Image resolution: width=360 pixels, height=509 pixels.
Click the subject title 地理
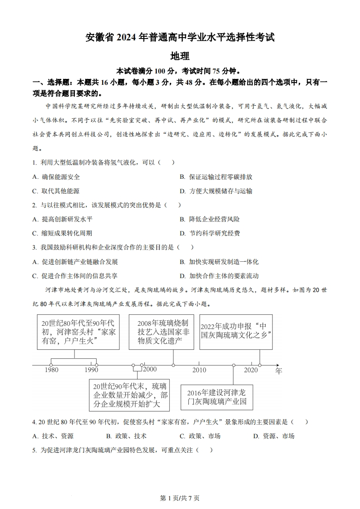pyautogui.click(x=180, y=56)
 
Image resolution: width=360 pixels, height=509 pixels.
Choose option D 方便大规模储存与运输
pyautogui.click(x=216, y=191)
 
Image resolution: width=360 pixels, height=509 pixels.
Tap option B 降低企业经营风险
pyautogui.click(x=209, y=219)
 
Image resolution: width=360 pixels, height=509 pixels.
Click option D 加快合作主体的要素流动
pyautogui.click(x=219, y=276)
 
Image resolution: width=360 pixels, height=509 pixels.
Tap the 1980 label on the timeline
pyautogui.click(x=52, y=370)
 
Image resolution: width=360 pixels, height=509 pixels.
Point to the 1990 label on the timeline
pyautogui.click(x=91, y=370)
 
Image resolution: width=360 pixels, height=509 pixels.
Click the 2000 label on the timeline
pyautogui.click(x=150, y=369)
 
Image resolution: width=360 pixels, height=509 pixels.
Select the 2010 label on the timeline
pyautogui.click(x=199, y=370)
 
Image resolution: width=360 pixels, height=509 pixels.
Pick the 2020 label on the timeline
pyautogui.click(x=250, y=370)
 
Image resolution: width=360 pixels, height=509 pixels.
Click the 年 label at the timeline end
pyautogui.click(x=278, y=371)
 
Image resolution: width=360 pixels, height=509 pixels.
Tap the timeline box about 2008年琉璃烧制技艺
pyautogui.click(x=162, y=332)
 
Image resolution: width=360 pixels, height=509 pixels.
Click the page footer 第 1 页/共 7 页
pyautogui.click(x=180, y=498)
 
